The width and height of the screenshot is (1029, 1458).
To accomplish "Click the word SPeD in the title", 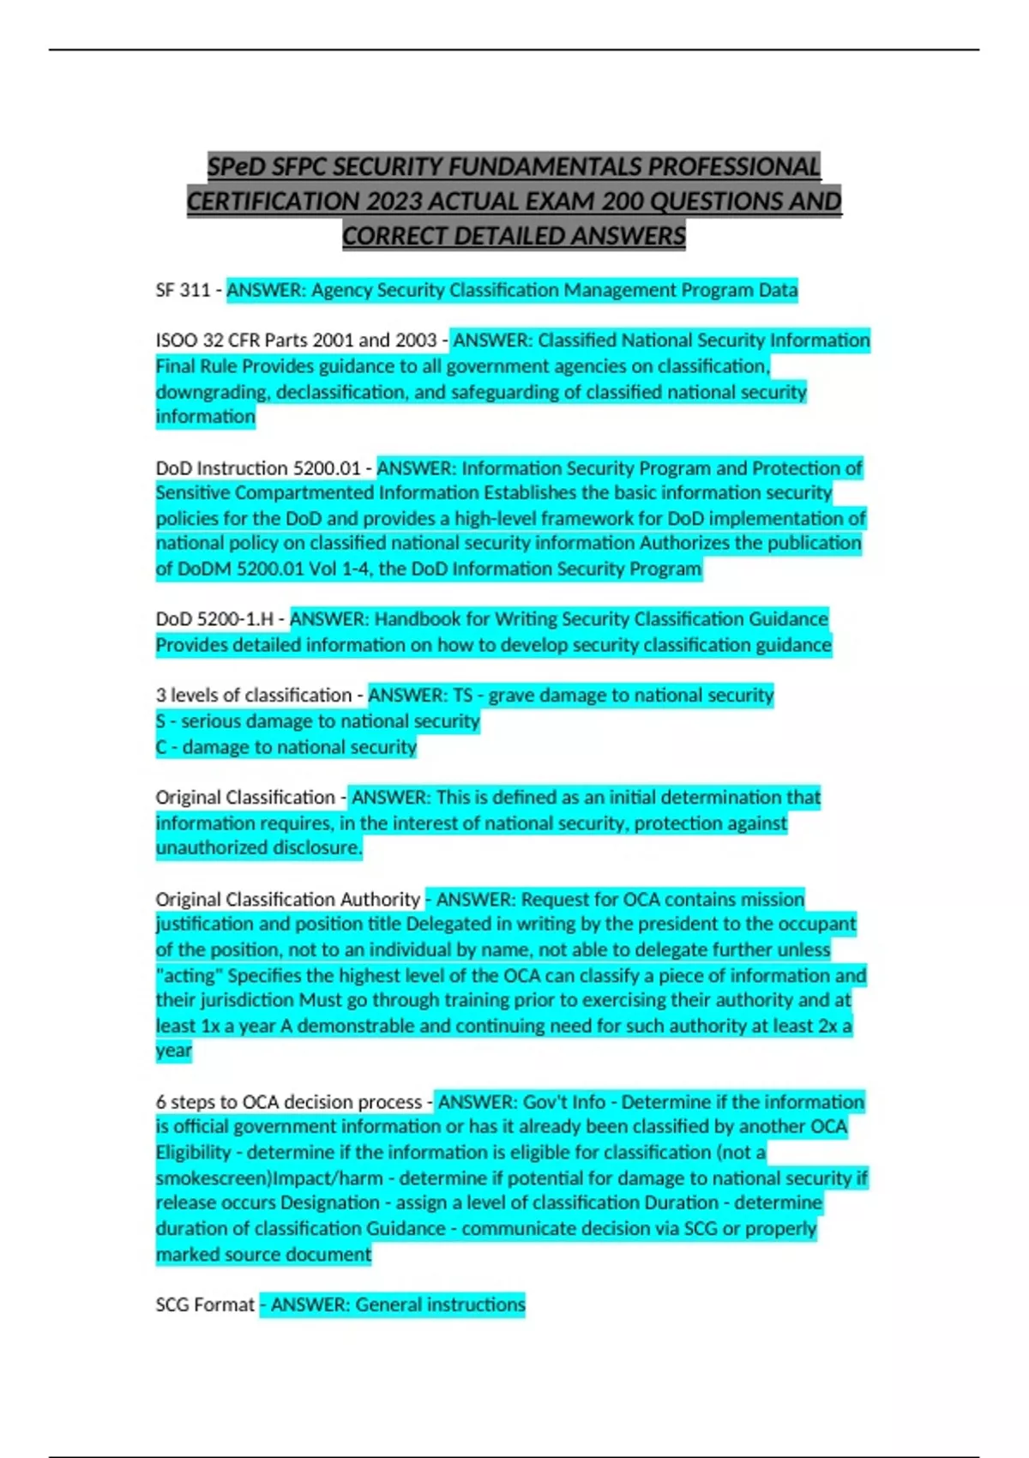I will (x=236, y=166).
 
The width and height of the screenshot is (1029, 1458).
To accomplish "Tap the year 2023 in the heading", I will (x=394, y=202).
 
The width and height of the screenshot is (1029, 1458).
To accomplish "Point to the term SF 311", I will (x=183, y=290).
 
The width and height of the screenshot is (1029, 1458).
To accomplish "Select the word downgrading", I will (x=210, y=392).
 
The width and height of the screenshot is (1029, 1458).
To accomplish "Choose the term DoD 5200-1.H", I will (x=214, y=619).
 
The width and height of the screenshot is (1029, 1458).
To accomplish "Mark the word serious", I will (x=210, y=721).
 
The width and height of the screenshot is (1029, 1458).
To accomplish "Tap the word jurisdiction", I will (x=225, y=1000).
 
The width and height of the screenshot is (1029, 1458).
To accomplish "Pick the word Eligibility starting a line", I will (x=194, y=1153).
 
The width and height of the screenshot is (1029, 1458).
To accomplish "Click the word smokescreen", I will (x=210, y=1178).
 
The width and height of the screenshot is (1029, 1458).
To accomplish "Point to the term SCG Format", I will (x=205, y=1305).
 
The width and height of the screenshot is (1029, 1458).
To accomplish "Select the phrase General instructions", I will (x=440, y=1305).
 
